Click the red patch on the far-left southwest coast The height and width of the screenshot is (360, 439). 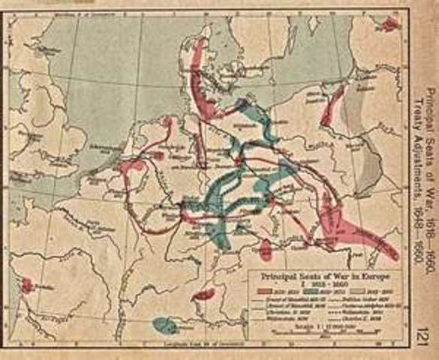[27, 286]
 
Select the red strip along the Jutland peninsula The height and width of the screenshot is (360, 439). [200, 75]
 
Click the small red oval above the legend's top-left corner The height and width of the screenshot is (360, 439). [266, 250]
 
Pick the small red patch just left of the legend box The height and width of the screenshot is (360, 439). [203, 295]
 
